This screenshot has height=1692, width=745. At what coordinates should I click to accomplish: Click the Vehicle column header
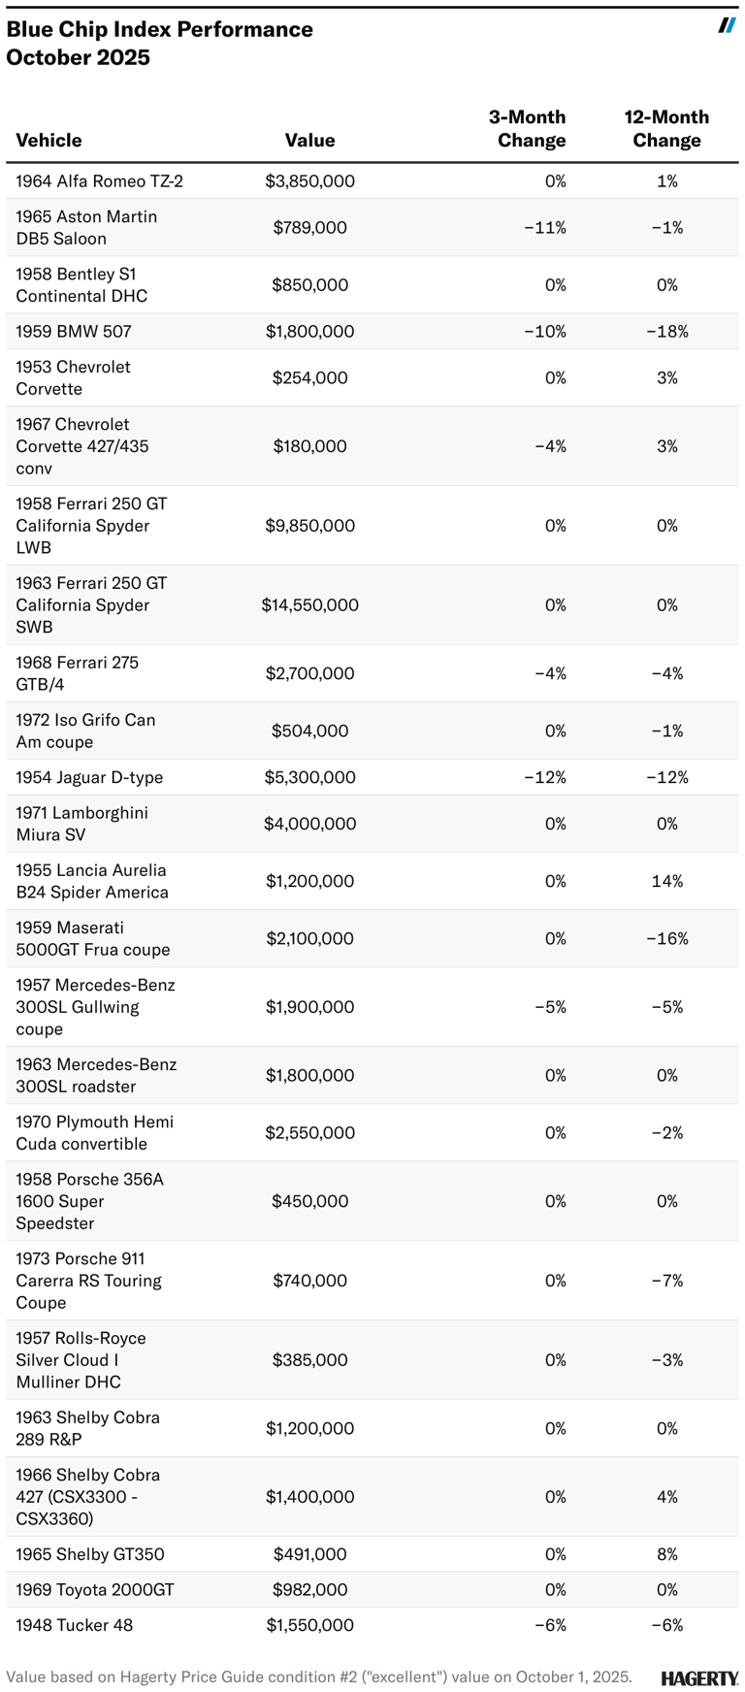tap(49, 140)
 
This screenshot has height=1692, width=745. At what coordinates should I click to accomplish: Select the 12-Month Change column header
tap(666, 128)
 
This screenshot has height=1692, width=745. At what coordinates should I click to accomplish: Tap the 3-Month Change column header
tap(529, 128)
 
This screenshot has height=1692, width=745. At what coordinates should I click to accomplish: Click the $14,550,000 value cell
tap(309, 604)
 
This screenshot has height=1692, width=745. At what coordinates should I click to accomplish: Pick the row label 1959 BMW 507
tap(74, 331)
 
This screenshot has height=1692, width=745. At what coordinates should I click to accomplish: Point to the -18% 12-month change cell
tap(666, 331)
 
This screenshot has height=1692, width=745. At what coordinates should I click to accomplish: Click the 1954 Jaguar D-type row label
tap(89, 777)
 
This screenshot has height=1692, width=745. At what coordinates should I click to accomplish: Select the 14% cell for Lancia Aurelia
tap(667, 881)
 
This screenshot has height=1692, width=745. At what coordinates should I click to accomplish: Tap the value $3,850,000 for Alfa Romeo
tap(309, 181)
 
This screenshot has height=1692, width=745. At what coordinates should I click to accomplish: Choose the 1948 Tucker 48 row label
tap(75, 1625)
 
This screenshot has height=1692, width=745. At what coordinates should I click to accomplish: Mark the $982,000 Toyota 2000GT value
tap(309, 1589)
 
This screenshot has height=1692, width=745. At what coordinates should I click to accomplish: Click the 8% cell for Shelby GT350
tap(667, 1554)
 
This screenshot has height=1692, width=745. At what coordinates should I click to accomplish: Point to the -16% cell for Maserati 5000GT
tap(666, 938)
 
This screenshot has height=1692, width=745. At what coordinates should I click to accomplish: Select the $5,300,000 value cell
tap(309, 777)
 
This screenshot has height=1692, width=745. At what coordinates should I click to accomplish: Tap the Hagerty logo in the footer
tap(699, 1677)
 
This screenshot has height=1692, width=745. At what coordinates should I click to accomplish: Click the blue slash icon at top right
tap(727, 25)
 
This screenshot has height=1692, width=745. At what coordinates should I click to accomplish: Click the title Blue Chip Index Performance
tap(159, 29)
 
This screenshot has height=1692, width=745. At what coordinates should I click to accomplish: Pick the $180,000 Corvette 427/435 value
tap(309, 446)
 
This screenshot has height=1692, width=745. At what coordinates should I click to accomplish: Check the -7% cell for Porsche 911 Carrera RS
tap(666, 1281)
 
